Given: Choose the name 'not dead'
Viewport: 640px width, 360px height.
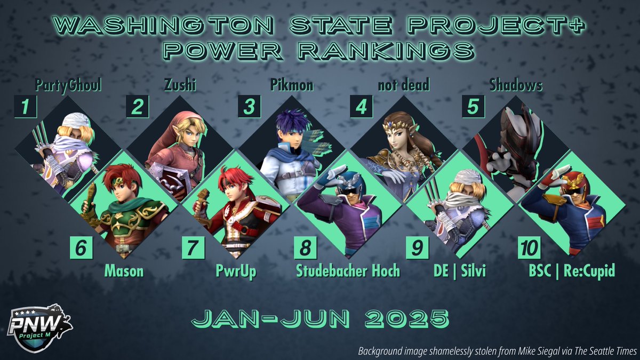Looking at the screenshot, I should click(x=405, y=85).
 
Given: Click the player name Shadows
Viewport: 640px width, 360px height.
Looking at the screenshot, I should click(x=516, y=85).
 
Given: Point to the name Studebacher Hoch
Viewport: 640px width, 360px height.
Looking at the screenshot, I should click(x=348, y=271).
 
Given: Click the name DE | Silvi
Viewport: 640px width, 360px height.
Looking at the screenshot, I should click(x=460, y=271).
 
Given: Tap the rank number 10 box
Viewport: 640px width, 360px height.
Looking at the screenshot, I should click(x=529, y=248).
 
